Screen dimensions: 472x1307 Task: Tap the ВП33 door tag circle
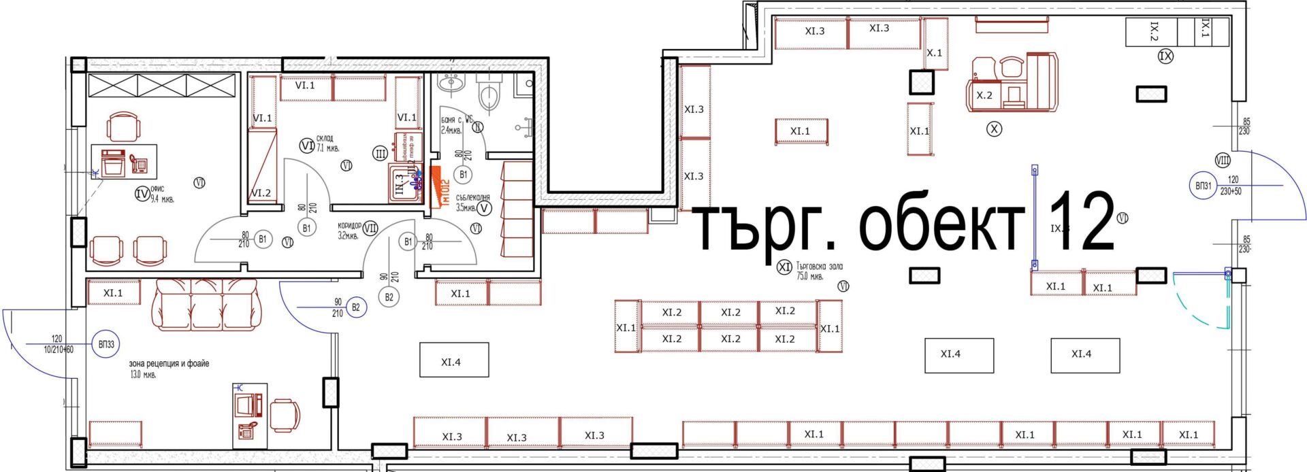106,345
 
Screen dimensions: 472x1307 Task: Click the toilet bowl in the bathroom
489,95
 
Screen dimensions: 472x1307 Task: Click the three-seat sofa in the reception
205,303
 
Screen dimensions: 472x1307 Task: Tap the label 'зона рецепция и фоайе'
169,364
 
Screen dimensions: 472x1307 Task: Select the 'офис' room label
158,189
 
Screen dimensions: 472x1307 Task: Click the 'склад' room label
325,138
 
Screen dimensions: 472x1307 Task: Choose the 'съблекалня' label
472,198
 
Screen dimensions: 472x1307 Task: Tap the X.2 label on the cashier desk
984,96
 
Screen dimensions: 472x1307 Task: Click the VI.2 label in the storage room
261,193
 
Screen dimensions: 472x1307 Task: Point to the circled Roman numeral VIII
1223,161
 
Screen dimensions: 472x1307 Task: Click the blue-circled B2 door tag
355,307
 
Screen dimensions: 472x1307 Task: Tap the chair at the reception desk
285,415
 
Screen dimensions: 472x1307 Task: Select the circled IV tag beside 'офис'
142,195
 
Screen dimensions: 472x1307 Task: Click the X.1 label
935,53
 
